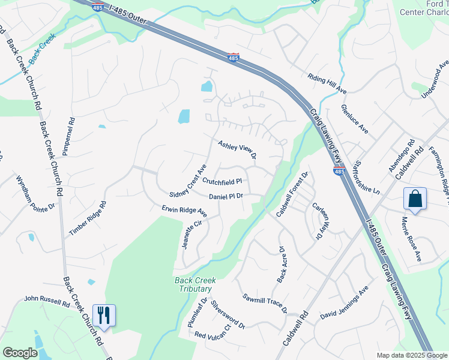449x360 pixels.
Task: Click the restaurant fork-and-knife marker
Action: point(103,315)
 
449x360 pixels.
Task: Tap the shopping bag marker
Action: point(415,199)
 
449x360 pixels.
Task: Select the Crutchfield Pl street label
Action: point(221,181)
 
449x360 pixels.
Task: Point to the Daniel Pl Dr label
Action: point(226,196)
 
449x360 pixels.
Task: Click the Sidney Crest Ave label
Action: point(188,181)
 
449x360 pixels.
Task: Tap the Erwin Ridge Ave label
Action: point(184,211)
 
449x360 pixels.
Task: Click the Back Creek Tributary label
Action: point(194,284)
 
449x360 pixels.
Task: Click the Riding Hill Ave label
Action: point(327,84)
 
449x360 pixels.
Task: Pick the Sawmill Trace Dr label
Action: point(265,304)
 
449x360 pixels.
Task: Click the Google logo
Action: point(20,353)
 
